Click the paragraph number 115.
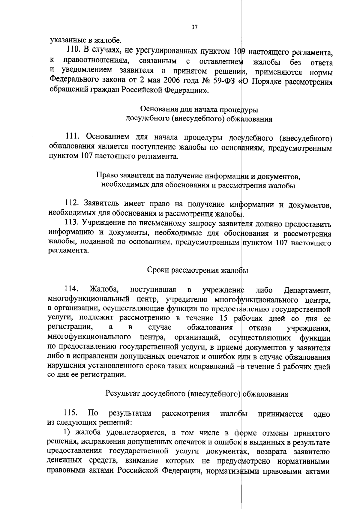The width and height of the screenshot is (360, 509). click(x=71, y=413)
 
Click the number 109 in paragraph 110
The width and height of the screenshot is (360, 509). click(x=239, y=52)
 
